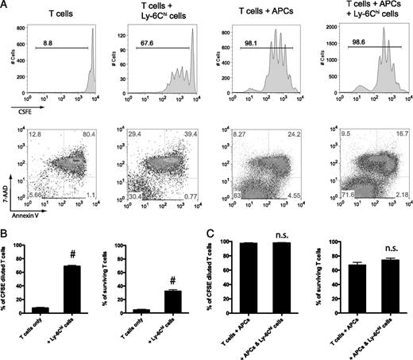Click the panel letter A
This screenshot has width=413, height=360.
[5, 6]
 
